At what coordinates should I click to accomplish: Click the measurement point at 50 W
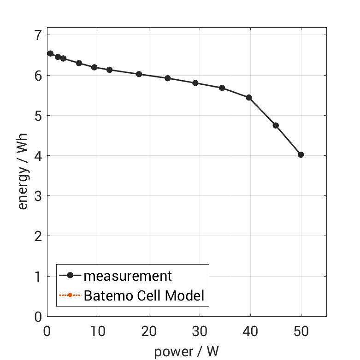click(301, 155)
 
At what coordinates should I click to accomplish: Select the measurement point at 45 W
click(276, 125)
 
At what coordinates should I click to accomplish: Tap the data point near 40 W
click(249, 98)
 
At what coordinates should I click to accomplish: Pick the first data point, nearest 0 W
click(50, 53)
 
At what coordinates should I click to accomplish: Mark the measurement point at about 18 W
click(139, 74)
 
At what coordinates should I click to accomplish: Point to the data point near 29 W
click(195, 83)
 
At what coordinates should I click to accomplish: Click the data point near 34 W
click(222, 88)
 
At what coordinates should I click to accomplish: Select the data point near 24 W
click(168, 78)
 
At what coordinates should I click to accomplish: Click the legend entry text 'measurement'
click(128, 276)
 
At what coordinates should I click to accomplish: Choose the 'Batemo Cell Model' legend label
click(144, 295)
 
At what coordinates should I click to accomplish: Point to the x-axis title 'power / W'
click(186, 352)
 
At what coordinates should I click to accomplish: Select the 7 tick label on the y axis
click(38, 35)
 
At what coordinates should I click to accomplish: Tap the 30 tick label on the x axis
click(199, 330)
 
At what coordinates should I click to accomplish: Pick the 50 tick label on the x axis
click(301, 330)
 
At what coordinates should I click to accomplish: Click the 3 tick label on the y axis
click(38, 196)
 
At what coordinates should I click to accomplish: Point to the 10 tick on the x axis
click(97, 330)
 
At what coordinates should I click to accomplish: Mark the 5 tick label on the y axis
click(38, 116)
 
